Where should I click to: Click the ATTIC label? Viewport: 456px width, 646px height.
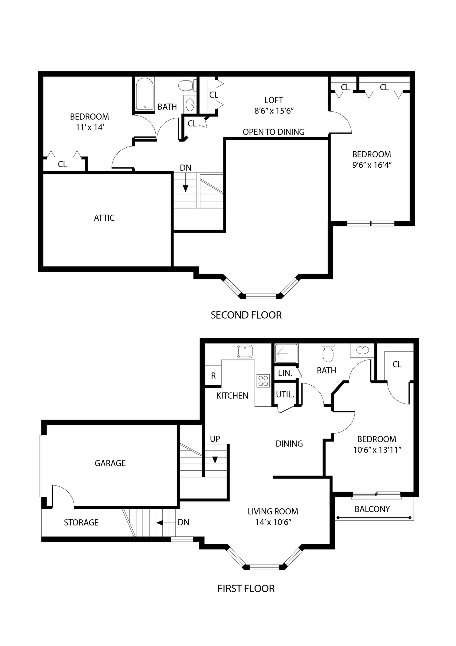point(104,218)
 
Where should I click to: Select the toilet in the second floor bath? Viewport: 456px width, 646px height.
point(186,85)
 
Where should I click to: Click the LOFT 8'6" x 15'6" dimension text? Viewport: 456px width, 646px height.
point(274,111)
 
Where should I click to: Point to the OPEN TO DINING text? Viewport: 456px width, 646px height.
point(273,132)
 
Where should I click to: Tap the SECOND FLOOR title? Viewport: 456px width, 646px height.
point(246,315)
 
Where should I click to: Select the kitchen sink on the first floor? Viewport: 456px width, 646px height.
point(245,351)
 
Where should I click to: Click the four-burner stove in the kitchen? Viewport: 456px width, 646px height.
point(263,381)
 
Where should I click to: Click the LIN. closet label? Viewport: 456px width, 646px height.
point(285,373)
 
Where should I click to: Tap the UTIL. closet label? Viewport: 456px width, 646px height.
point(285,395)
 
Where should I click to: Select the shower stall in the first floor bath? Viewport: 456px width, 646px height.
point(286,353)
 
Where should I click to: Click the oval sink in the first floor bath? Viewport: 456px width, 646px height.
point(362,350)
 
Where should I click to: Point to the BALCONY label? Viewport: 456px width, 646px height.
point(372,509)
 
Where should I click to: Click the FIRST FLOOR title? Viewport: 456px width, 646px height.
point(246,589)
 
